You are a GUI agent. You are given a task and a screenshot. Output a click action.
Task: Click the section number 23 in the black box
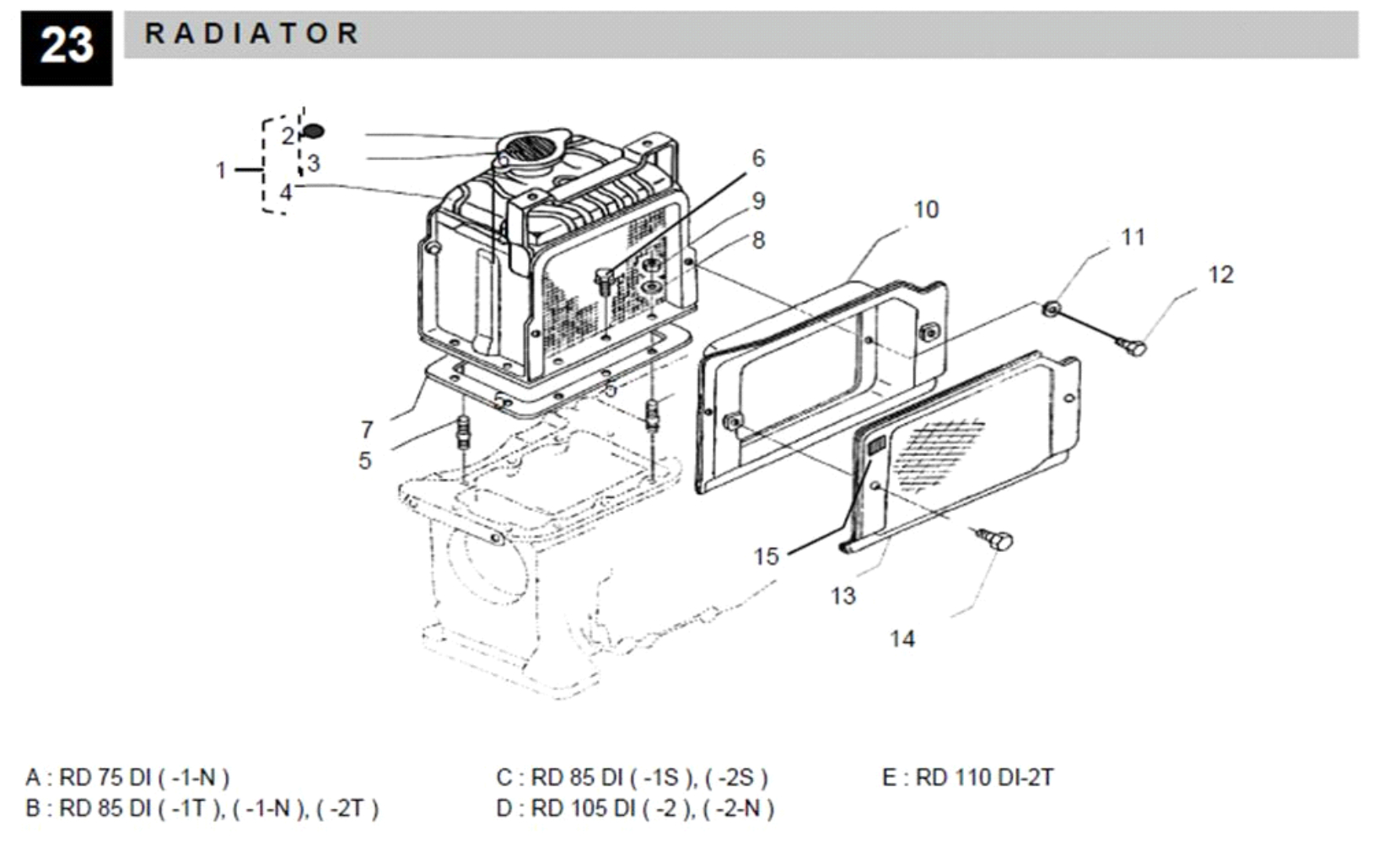coord(66,46)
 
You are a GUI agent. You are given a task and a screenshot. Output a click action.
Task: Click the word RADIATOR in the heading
coord(251,34)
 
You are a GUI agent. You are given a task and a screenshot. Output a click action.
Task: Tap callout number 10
coord(925,209)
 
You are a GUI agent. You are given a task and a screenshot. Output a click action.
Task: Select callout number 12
coord(1219,275)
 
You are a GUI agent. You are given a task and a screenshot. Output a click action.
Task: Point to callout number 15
coord(766,556)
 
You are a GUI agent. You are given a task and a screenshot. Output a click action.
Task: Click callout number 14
coord(902,639)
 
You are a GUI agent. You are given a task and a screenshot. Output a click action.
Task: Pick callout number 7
coord(367,430)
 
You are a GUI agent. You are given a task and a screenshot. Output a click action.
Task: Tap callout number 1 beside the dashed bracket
coord(221,170)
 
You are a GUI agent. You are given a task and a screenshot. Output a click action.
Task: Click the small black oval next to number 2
coord(314,131)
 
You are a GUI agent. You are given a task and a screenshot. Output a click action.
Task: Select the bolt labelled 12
coord(1135,346)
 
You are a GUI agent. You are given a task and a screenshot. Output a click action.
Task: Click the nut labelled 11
coord(1051,309)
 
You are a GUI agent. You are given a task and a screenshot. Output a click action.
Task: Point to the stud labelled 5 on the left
coord(463,432)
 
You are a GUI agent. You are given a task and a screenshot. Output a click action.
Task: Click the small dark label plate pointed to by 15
coord(877,446)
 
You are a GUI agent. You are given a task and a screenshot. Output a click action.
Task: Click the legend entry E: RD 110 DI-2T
coord(967,777)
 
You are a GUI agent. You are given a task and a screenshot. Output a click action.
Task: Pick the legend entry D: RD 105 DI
coord(634,808)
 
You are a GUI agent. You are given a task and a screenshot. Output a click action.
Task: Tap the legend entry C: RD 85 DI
coord(632,777)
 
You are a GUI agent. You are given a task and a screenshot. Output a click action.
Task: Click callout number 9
coord(757,201)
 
